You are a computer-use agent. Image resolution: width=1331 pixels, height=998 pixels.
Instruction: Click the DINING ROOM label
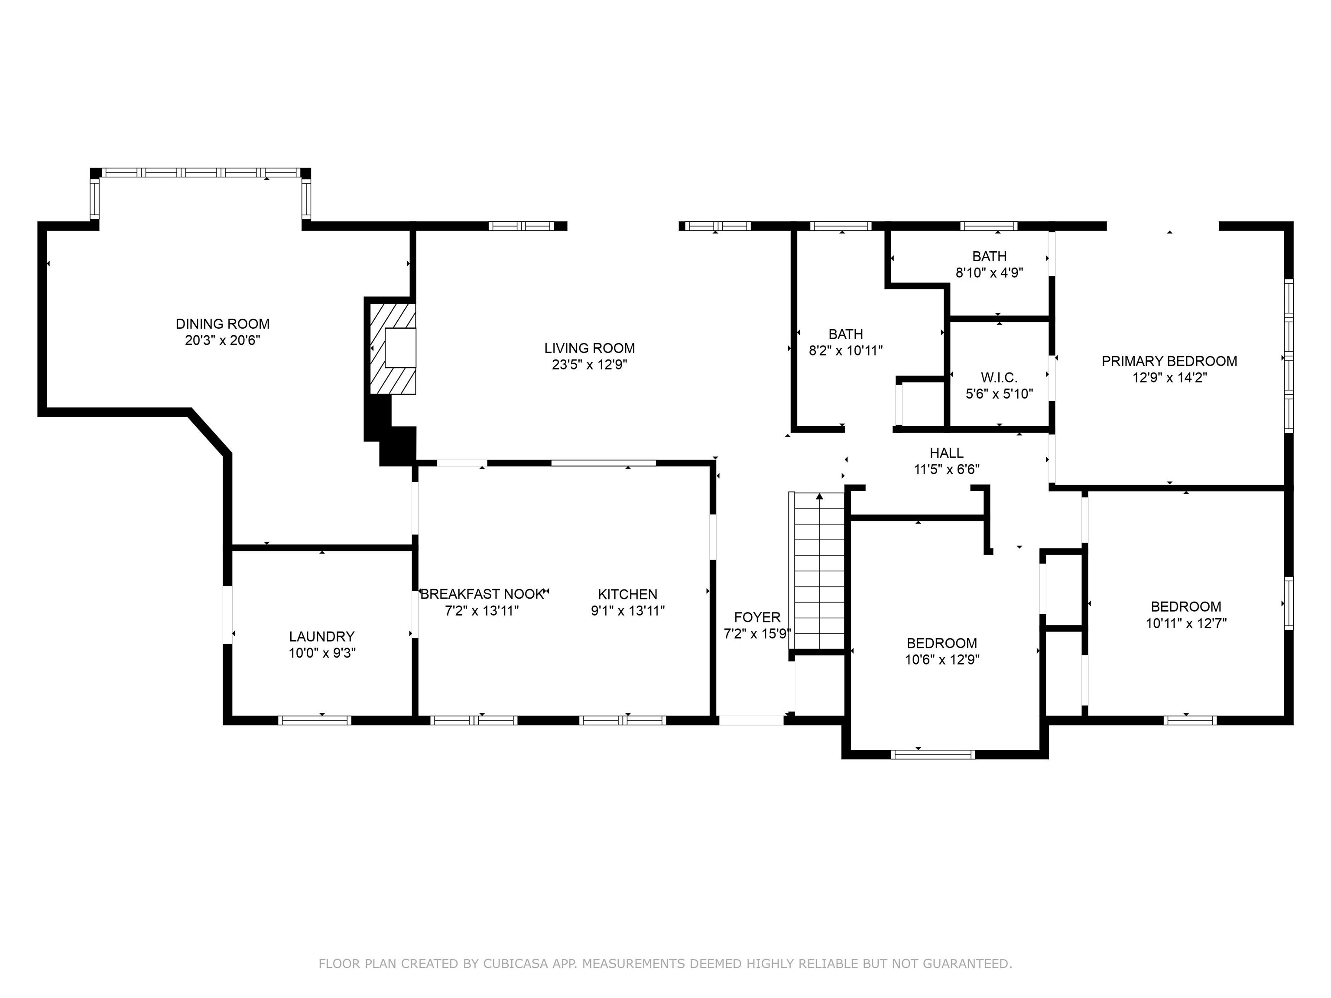(x=223, y=324)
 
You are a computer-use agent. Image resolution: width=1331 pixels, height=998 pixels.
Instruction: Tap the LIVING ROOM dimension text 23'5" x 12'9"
(x=590, y=365)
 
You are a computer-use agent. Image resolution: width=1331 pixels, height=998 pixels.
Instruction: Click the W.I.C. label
(x=1000, y=377)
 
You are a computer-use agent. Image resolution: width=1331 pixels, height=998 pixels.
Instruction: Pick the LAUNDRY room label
(x=322, y=636)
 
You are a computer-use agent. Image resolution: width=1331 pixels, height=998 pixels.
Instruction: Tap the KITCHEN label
(x=628, y=594)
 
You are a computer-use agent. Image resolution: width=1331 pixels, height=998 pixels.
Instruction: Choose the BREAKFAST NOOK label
(x=482, y=594)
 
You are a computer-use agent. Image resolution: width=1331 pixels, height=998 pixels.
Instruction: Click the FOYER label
(x=757, y=617)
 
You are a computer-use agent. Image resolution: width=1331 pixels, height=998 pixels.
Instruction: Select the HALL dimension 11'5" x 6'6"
(x=947, y=469)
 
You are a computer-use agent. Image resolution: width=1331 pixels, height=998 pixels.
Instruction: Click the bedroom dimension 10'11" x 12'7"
(x=1186, y=623)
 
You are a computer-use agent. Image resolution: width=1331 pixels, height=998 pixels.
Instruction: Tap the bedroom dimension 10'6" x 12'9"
(x=942, y=659)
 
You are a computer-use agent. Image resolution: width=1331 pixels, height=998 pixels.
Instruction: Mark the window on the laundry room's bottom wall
(x=315, y=720)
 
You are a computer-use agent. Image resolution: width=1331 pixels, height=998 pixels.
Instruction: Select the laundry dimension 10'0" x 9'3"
(x=322, y=653)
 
